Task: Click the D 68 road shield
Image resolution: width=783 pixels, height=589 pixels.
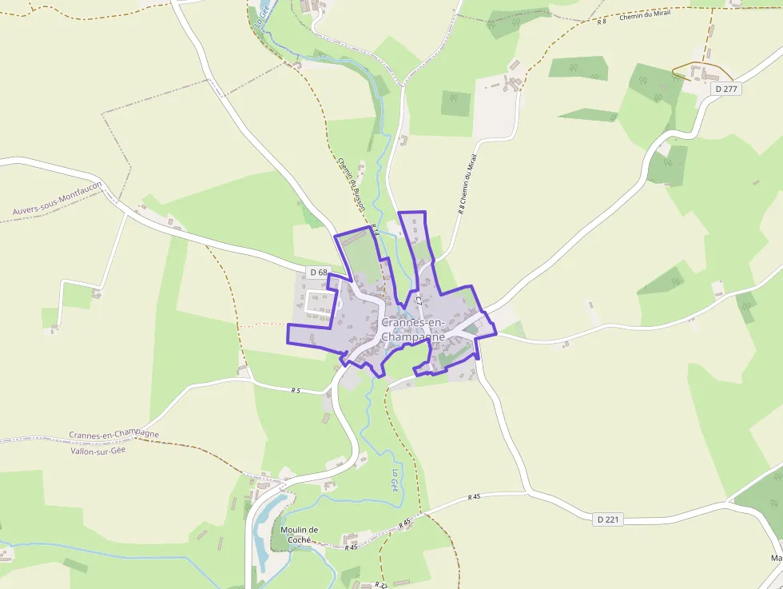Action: pyautogui.click(x=318, y=273)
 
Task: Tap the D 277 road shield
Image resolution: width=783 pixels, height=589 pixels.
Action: pyautogui.click(x=726, y=89)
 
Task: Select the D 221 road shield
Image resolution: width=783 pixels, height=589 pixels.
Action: pyautogui.click(x=609, y=519)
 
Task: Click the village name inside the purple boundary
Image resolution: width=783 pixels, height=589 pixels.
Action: pyautogui.click(x=413, y=329)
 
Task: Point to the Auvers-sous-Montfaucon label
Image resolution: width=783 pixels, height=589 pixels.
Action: pyautogui.click(x=58, y=199)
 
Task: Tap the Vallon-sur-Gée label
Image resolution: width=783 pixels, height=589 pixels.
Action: pyautogui.click(x=98, y=450)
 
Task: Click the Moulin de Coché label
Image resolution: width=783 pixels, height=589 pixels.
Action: pyautogui.click(x=300, y=535)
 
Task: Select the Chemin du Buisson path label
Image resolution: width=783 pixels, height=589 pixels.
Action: pyautogui.click(x=352, y=184)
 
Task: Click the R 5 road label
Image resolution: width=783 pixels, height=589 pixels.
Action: pyautogui.click(x=296, y=390)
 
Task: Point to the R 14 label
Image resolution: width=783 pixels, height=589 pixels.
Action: pyautogui.click(x=374, y=232)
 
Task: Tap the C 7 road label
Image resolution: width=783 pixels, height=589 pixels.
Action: pyautogui.click(x=418, y=300)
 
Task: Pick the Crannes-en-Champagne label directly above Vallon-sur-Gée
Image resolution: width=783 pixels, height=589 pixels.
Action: pyautogui.click(x=113, y=435)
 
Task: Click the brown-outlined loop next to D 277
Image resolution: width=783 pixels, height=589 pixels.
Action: pyautogui.click(x=692, y=71)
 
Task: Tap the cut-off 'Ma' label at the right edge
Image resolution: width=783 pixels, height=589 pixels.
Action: pyautogui.click(x=776, y=557)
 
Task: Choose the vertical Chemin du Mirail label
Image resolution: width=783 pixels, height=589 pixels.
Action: pyautogui.click(x=468, y=185)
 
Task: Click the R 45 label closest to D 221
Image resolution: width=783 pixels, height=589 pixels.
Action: pyautogui.click(x=475, y=497)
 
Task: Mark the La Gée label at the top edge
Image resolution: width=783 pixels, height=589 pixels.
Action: pyautogui.click(x=260, y=16)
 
